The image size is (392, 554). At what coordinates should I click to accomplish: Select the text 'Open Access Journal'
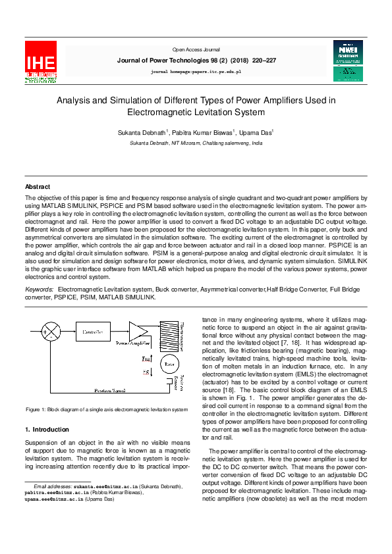(x=196, y=49)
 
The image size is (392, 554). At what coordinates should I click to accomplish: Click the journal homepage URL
(x=196, y=70)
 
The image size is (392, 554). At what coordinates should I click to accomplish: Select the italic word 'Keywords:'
(x=39, y=289)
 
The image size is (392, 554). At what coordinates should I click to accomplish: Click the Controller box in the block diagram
(x=92, y=333)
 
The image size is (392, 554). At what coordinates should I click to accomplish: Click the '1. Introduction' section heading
(x=51, y=430)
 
